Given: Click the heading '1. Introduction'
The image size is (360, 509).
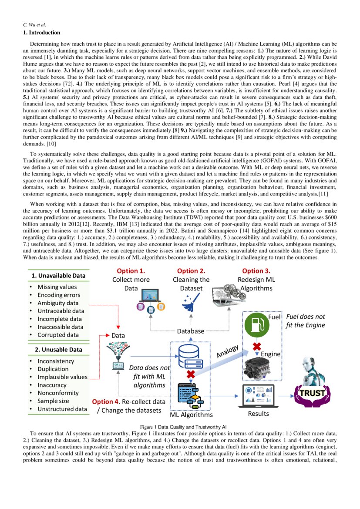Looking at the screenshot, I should [41, 33].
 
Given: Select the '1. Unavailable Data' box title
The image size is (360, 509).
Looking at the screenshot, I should [58, 276].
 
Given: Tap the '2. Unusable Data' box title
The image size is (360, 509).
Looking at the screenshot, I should [58, 349].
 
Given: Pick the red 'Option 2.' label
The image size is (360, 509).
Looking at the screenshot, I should [191, 271].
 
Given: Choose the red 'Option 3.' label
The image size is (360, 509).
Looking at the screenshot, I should [256, 271].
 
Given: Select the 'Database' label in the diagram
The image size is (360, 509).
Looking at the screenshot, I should [190, 331].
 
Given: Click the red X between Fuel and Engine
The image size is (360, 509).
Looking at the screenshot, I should [257, 347].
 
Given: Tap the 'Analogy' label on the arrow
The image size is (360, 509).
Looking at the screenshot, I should [227, 352].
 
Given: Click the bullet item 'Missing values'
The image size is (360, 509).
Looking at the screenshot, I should [57, 287].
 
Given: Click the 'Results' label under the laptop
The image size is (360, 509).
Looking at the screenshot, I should [258, 413].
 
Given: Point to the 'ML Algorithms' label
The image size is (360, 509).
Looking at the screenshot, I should [191, 415].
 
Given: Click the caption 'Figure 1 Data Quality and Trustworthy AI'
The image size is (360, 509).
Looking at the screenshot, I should [182, 427].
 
